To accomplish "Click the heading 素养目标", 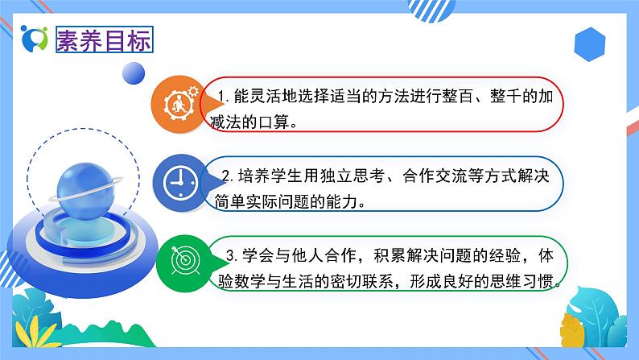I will [103, 41].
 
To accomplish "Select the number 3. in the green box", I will [230, 257].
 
